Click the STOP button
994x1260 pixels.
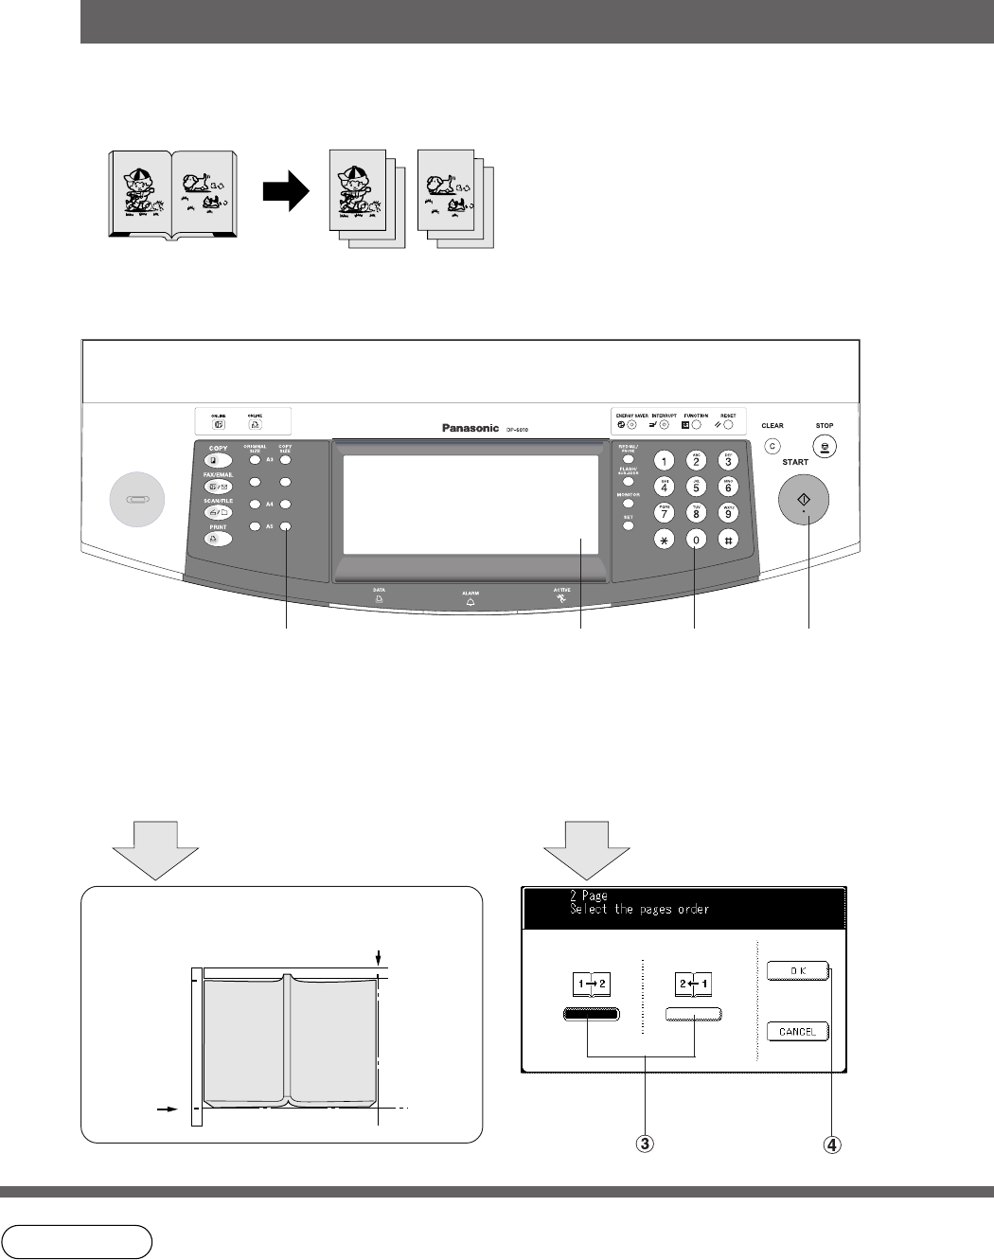click(825, 447)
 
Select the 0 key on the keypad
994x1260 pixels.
click(696, 540)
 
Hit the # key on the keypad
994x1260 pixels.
click(728, 540)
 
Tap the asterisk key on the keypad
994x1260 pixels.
click(664, 540)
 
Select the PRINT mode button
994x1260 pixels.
click(219, 540)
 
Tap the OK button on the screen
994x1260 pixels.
click(797, 970)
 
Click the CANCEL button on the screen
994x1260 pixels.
click(797, 1031)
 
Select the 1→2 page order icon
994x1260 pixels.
click(591, 985)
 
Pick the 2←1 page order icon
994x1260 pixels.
click(693, 985)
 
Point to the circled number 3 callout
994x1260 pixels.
click(644, 1144)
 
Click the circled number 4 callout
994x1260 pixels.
click(830, 1144)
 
